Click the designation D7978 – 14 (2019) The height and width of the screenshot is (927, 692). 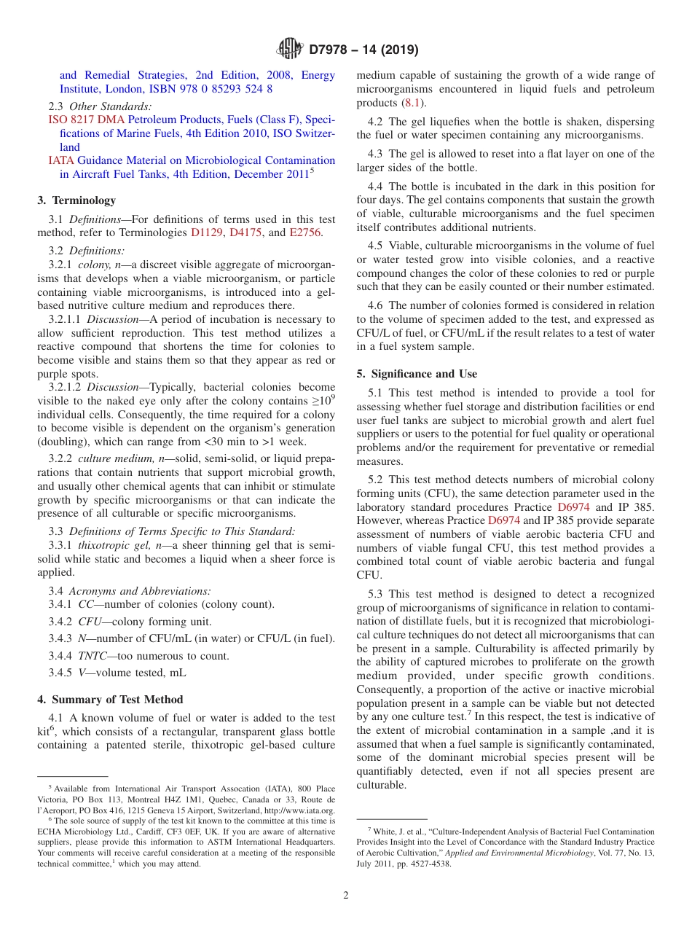[x=363, y=50]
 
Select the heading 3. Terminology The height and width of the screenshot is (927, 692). [x=76, y=200]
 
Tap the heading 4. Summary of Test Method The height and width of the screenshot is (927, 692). [x=110, y=700]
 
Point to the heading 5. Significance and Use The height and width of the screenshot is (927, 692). [x=417, y=374]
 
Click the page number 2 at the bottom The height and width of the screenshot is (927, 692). [x=346, y=896]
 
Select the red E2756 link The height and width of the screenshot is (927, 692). [x=305, y=232]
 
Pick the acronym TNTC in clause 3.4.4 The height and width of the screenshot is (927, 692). [x=93, y=656]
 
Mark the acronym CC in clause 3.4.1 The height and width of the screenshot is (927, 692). [x=85, y=604]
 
